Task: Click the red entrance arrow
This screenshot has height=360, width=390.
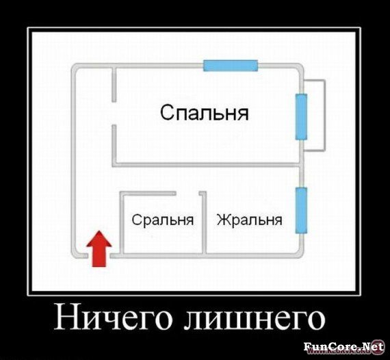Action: pyautogui.click(x=99, y=249)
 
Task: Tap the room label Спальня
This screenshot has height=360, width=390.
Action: pyautogui.click(x=204, y=113)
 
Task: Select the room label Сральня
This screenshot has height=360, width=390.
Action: pyautogui.click(x=163, y=220)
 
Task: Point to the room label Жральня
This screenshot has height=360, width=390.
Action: pyautogui.click(x=250, y=220)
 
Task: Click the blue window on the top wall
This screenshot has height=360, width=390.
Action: pyautogui.click(x=231, y=66)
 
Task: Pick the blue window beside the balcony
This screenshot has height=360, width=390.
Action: pyautogui.click(x=301, y=116)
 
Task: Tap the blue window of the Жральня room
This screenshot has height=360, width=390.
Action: pyautogui.click(x=301, y=211)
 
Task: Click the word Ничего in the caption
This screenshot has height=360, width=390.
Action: pyautogui.click(x=113, y=319)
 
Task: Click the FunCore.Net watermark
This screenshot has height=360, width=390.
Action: pyautogui.click(x=343, y=346)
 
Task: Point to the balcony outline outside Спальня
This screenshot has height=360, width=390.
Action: pyautogui.click(x=324, y=115)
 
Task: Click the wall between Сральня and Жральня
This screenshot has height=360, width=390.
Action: pyautogui.click(x=204, y=222)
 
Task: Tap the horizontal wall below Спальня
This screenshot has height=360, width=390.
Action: pyautogui.click(x=207, y=165)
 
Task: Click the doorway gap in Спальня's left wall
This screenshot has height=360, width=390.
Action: pyautogui.click(x=114, y=114)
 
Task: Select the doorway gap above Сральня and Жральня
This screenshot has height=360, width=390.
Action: pyautogui.click(x=187, y=194)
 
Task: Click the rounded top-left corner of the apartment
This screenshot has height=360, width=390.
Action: pyautogui.click(x=75, y=67)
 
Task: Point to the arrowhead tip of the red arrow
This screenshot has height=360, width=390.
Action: pyautogui.click(x=99, y=231)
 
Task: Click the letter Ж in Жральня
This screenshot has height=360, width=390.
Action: pyautogui.click(x=222, y=219)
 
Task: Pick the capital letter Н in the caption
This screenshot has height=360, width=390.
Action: pyautogui.click(x=65, y=318)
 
